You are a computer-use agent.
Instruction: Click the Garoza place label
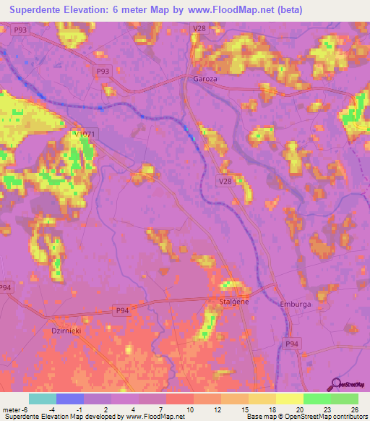click(205, 78)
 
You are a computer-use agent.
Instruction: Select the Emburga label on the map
click(295, 305)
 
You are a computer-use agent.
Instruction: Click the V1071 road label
click(85, 134)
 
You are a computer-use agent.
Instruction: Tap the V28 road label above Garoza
click(199, 28)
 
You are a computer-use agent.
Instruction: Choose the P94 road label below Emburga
click(291, 344)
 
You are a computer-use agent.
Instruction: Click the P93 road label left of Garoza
click(103, 72)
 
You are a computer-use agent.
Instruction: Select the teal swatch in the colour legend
click(42, 399)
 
